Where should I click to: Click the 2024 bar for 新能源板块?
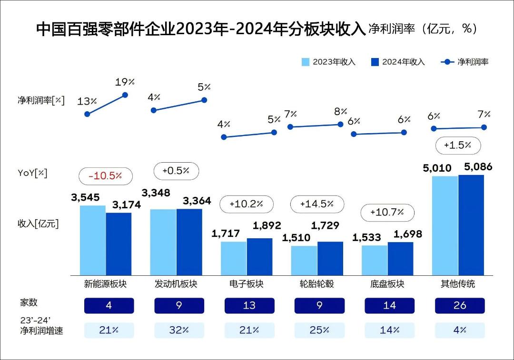coord(119,243)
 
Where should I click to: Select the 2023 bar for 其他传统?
coord(445,225)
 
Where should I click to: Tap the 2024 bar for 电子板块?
coord(259,256)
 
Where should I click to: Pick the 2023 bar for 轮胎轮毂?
coord(304,260)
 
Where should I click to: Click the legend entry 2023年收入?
coord(328,62)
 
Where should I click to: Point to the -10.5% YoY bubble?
coord(105,176)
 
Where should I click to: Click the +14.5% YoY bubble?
coord(316,204)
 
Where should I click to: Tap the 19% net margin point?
coord(126,95)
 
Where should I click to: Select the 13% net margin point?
coord(87,114)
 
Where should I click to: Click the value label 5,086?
coord(471,167)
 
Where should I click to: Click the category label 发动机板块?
coord(176,284)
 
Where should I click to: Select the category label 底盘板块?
coord(387,284)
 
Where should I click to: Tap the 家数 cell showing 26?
coord(460,305)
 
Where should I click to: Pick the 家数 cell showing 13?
coord(249,305)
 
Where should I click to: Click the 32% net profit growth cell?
coord(179,330)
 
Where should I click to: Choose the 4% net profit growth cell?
coord(460,330)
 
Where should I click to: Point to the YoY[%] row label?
coord(33,173)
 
